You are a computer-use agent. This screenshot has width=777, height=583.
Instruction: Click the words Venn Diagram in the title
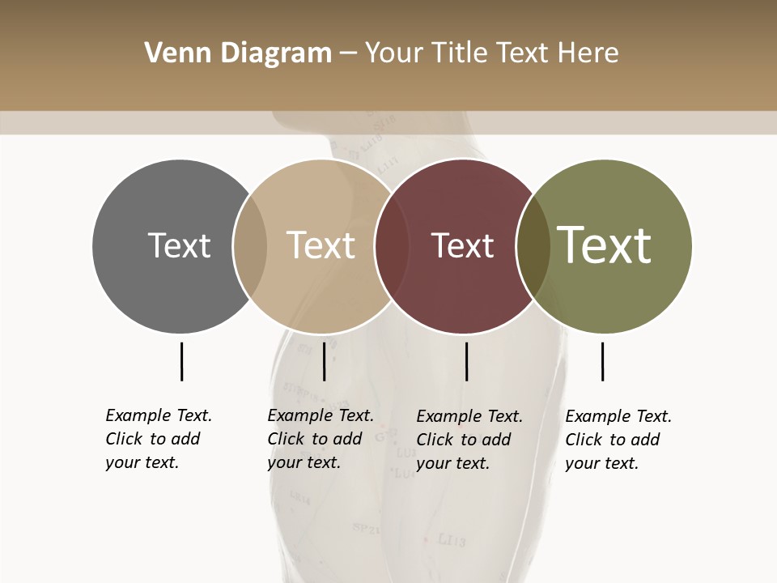(238, 53)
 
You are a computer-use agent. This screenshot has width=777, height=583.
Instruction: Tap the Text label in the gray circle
(179, 245)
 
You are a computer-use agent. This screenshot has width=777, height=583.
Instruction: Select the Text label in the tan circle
(321, 245)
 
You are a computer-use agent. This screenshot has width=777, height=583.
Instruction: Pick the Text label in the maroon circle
(462, 245)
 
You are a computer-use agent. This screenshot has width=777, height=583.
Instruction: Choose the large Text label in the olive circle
(605, 245)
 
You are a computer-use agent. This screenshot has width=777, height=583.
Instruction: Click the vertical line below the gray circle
(181, 361)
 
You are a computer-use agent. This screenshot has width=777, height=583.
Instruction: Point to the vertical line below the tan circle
(324, 361)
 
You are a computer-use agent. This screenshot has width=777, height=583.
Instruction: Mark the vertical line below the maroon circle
(466, 361)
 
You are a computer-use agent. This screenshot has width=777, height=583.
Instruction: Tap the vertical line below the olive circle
(602, 361)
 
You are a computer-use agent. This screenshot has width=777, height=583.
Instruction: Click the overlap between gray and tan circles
(250, 245)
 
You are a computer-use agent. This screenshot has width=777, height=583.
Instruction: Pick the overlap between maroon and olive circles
(532, 245)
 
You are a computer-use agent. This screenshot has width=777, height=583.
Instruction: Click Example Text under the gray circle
(159, 415)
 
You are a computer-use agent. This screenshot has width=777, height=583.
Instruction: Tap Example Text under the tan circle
(321, 415)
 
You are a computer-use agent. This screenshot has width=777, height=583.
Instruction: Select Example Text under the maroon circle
(469, 416)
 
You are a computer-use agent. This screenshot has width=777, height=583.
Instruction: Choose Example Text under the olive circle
(618, 416)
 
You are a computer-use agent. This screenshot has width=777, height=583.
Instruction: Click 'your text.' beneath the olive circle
(601, 463)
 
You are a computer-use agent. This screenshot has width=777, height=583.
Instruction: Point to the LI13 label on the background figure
(451, 539)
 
